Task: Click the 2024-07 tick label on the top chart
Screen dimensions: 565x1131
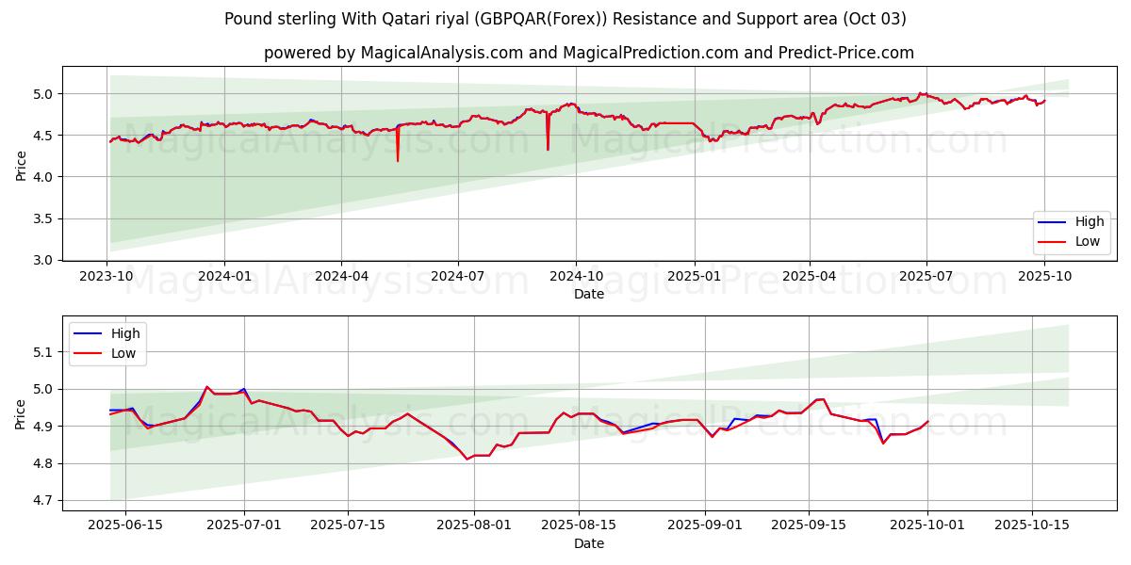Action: [458, 276]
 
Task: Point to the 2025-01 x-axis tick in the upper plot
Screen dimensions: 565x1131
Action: [694, 276]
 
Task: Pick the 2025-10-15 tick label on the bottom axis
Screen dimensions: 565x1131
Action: [1032, 525]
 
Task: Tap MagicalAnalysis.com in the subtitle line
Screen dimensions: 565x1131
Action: [441, 53]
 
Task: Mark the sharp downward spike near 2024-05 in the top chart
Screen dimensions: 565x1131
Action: [398, 160]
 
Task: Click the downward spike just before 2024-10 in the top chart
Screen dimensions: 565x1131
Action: [548, 149]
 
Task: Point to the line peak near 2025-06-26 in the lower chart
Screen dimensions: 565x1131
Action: [207, 386]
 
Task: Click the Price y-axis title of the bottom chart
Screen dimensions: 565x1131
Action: [21, 413]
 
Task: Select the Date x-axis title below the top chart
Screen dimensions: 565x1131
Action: [589, 294]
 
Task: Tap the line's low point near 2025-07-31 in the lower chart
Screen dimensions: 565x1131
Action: [467, 459]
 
